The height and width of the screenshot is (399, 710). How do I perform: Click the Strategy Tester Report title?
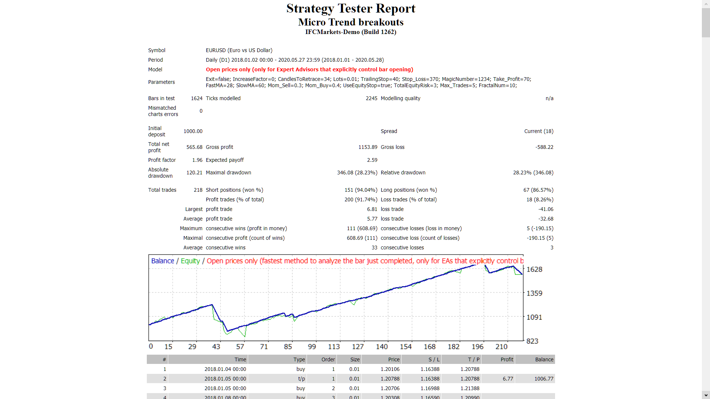351,8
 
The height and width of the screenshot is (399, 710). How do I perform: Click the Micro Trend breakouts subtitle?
351,22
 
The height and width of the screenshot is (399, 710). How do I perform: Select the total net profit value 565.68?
194,147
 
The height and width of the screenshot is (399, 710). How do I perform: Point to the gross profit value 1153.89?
368,147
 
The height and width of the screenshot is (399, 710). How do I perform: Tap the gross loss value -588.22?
544,147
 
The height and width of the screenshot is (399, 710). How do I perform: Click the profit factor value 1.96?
197,160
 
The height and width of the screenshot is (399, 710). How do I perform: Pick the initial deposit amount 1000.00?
193,131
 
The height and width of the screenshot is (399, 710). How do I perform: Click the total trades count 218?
198,190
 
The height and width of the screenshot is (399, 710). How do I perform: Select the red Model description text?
309,69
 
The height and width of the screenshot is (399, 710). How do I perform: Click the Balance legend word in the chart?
162,261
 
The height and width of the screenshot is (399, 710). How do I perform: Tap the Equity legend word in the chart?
190,261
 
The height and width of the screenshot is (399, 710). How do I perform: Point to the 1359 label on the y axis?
534,293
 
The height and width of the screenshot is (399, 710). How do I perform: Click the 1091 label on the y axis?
534,317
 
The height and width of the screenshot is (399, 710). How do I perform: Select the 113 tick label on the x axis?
334,347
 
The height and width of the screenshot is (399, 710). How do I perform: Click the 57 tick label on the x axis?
240,347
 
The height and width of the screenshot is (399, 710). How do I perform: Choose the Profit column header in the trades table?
507,359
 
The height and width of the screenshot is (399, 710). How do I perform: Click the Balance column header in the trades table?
544,359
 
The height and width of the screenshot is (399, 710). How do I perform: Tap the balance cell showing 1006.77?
544,379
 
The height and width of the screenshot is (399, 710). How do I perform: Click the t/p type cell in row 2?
301,379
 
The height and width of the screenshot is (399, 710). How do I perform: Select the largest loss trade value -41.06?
545,209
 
